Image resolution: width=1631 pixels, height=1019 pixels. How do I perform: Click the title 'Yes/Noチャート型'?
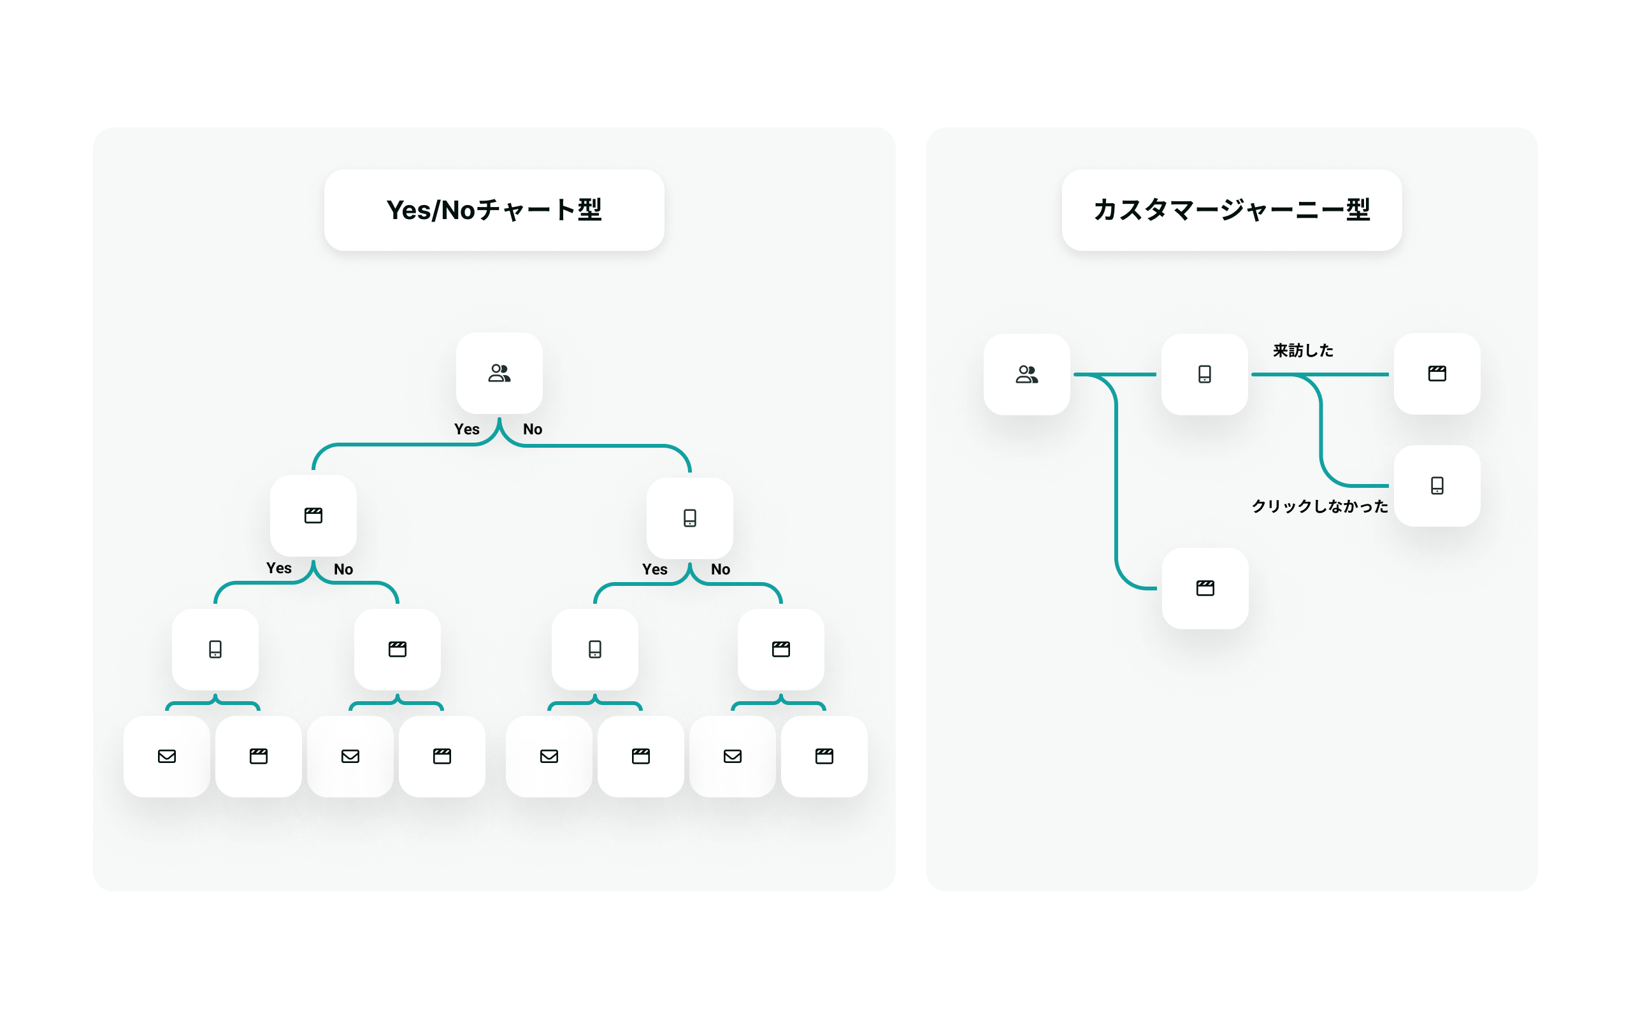coord(493,210)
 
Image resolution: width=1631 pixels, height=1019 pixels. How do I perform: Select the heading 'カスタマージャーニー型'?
coord(1232,210)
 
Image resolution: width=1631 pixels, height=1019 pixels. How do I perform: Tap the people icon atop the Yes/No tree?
coord(499,373)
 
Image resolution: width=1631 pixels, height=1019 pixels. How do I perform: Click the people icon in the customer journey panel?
coord(1026,374)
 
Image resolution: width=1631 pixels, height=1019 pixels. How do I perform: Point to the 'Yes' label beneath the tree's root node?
coord(466,429)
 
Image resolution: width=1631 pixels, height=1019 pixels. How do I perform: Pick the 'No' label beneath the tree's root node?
coord(533,429)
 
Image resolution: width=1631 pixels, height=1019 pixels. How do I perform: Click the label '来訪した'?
coord(1303,350)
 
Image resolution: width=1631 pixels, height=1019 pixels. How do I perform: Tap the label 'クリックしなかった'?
coord(1319,506)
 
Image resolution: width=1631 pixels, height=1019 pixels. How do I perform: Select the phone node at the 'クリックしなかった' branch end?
coord(1437,486)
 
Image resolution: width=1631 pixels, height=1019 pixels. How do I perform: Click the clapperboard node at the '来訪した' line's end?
coord(1437,373)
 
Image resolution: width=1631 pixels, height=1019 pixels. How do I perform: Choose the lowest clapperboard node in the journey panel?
coord(1205,588)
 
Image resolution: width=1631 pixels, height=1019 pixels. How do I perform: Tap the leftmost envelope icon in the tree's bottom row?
coord(166,756)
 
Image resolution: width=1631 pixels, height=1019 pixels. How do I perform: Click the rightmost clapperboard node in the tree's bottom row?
coord(824,756)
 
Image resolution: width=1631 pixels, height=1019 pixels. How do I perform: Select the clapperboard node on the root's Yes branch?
coord(313,516)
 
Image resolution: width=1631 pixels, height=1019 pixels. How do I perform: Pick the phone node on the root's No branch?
coord(689,518)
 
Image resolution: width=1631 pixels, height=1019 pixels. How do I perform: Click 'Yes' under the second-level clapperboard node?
coord(278,568)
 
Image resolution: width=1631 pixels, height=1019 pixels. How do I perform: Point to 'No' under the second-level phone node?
coord(721,569)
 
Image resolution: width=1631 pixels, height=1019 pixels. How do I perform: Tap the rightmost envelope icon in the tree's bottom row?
coord(733,756)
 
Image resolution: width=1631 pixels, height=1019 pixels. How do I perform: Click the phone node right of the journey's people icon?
coord(1204,374)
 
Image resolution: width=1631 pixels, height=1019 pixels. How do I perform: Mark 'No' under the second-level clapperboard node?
coord(343,569)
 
